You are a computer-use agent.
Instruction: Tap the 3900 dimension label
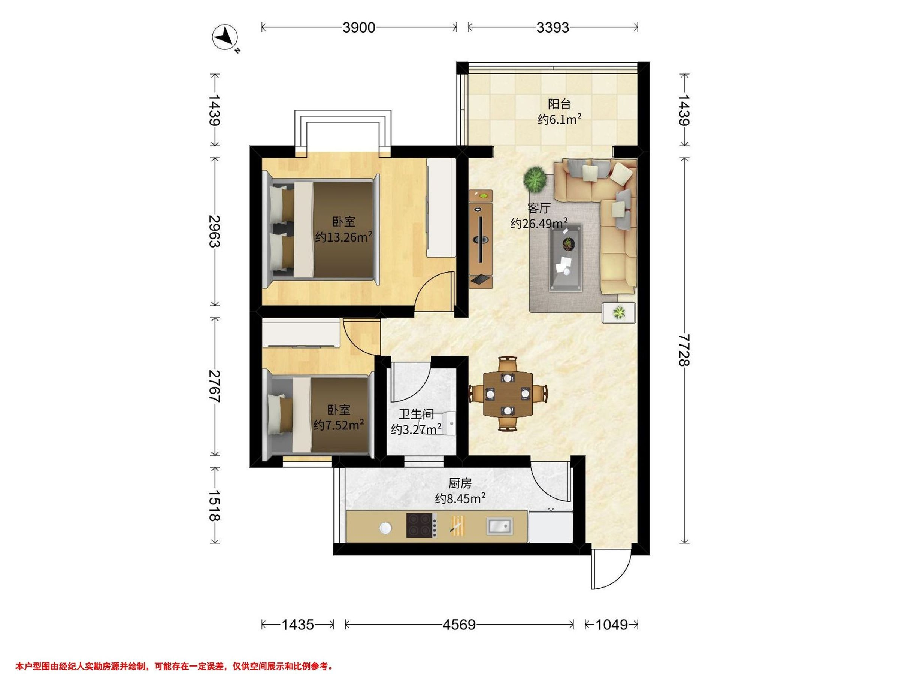click(358, 28)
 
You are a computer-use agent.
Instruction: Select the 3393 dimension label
click(553, 28)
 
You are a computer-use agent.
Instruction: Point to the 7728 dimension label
click(684, 350)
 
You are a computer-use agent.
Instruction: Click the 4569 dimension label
click(459, 625)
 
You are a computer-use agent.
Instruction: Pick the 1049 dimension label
click(612, 625)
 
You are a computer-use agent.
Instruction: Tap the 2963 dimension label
click(214, 231)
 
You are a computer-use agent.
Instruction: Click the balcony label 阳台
click(559, 104)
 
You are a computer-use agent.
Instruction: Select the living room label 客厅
click(539, 208)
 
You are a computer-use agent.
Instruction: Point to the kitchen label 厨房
click(460, 483)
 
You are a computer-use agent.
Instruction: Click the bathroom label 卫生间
click(416, 415)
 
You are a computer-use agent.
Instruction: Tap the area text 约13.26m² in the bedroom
click(344, 237)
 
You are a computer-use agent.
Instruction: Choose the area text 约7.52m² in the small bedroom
click(338, 425)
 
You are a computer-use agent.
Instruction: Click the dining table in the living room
click(508, 393)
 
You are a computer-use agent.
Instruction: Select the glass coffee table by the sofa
click(565, 258)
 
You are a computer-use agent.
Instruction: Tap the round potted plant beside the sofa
click(535, 180)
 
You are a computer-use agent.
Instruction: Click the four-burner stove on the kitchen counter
click(422, 525)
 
